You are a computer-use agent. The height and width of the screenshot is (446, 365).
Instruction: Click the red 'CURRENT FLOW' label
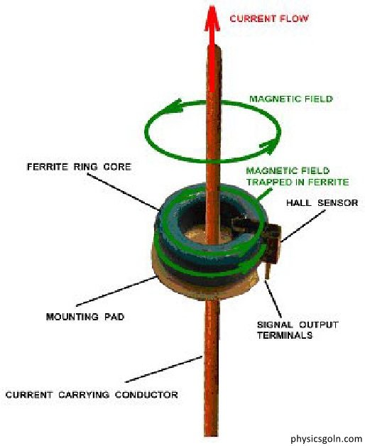click(269, 18)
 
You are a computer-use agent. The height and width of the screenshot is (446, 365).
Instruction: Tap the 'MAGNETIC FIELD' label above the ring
click(290, 99)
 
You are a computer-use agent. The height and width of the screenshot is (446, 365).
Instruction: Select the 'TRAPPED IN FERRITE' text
click(298, 182)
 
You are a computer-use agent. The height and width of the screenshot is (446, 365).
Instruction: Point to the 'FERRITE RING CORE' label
click(79, 167)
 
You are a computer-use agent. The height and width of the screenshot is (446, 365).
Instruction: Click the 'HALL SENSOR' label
click(322, 203)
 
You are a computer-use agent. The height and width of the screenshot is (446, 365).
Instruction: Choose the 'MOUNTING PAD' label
click(85, 317)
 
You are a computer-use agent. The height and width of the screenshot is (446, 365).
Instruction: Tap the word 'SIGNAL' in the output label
click(275, 325)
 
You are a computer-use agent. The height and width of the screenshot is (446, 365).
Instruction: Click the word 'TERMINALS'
click(285, 335)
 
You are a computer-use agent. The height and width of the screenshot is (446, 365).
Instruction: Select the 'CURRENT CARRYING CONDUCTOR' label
click(92, 395)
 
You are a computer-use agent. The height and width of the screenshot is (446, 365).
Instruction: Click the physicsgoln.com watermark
click(327, 438)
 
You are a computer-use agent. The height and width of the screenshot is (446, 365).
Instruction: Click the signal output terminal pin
click(268, 270)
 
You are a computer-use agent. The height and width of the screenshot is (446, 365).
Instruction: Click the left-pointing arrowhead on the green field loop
click(172, 106)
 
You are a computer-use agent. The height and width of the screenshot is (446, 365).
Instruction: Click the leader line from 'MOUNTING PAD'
click(116, 291)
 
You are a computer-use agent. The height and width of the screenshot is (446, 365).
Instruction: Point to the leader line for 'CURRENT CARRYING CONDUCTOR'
click(164, 369)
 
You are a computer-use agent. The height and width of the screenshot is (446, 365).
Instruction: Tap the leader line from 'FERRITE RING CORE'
click(123, 192)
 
